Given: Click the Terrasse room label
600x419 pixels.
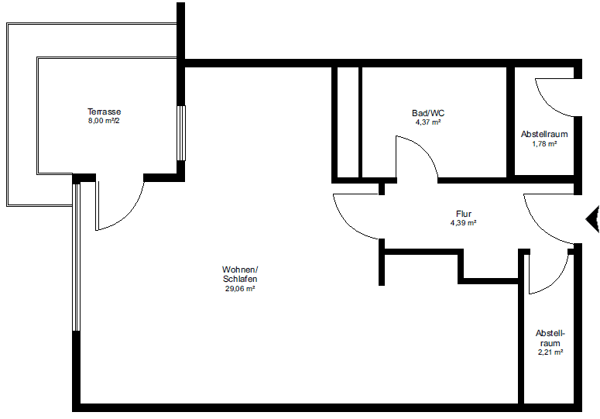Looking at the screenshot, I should (x=104, y=112).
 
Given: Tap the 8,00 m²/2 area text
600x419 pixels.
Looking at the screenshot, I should (x=104, y=121).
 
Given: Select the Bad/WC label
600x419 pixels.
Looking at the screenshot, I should (x=427, y=113).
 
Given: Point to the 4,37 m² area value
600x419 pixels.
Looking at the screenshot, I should (x=427, y=122).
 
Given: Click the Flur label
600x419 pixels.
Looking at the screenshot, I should (x=463, y=214).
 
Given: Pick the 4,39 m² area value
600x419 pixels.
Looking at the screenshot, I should (x=463, y=223).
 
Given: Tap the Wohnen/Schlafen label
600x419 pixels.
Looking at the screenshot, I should (x=239, y=274).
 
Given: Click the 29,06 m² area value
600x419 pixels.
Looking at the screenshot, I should (x=239, y=288).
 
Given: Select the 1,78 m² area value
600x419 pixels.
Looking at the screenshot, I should (x=544, y=144).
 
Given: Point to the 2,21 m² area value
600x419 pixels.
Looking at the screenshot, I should (x=550, y=352).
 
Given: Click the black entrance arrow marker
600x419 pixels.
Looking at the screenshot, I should (x=593, y=218).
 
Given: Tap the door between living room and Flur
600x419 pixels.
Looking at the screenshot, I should (x=356, y=217).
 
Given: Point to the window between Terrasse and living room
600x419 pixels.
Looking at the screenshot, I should (x=181, y=132).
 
